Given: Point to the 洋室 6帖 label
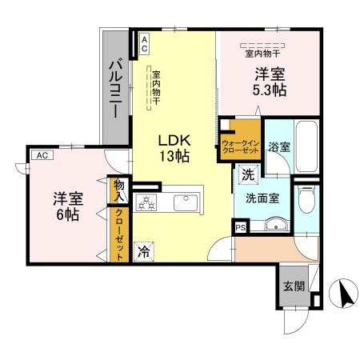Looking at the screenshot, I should click(x=66, y=206).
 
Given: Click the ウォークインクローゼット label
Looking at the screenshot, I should click(x=241, y=141).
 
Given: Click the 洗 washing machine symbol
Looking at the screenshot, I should click(x=248, y=174).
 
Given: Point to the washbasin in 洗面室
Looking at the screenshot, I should click(x=275, y=225).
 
